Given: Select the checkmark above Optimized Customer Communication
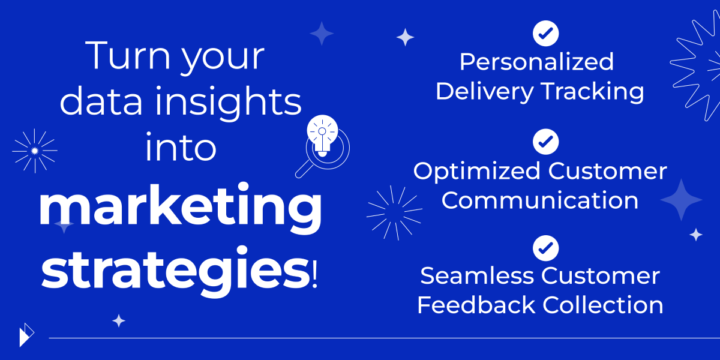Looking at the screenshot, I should pyautogui.click(x=545, y=142).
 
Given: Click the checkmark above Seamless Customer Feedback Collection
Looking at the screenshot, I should pyautogui.click(x=545, y=247).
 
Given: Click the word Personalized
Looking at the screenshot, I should pyautogui.click(x=536, y=62).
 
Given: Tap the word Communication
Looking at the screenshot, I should pyautogui.click(x=540, y=200).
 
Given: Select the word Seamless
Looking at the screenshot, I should pyautogui.click(x=477, y=276).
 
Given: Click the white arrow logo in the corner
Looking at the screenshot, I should pyautogui.click(x=26, y=335).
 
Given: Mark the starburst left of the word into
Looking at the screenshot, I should pyautogui.click(x=35, y=151).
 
